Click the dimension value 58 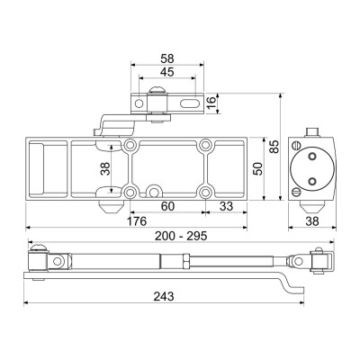167,58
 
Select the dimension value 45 167,72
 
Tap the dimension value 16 211,103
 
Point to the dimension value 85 274,147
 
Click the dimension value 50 258,168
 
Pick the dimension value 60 167,206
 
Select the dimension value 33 226,206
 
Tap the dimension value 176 137,221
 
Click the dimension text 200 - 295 181,236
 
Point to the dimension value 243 164,296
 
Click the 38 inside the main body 105,169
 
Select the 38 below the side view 312,221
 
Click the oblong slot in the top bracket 190,103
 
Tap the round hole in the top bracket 139,103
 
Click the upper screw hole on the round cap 312,156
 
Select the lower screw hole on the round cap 312,181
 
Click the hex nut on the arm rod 185,261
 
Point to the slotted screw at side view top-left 296,146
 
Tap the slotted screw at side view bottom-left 296,192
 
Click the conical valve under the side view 312,207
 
